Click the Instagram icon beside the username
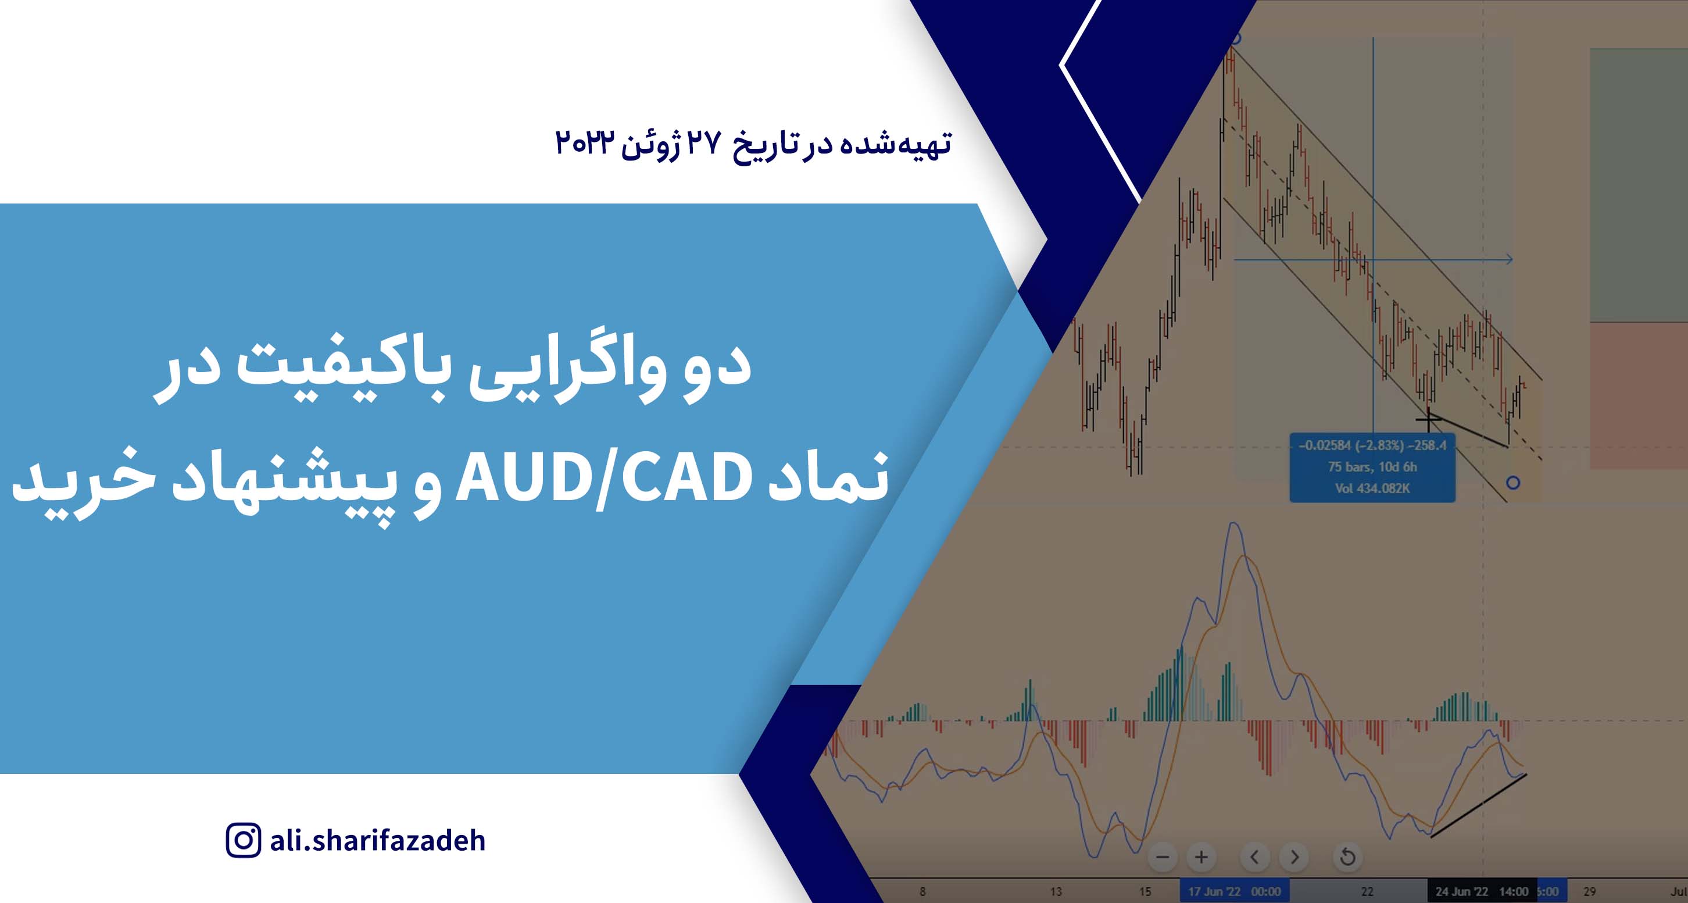pos(243,841)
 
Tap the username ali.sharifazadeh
pos(377,841)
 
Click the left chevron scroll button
pos(1254,857)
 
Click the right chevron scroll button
pos(1294,857)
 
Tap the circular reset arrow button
pos(1347,857)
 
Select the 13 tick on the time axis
pos(1056,891)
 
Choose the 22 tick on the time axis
pos(1367,891)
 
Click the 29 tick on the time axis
pos(1589,891)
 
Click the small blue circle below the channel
pos(1512,483)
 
